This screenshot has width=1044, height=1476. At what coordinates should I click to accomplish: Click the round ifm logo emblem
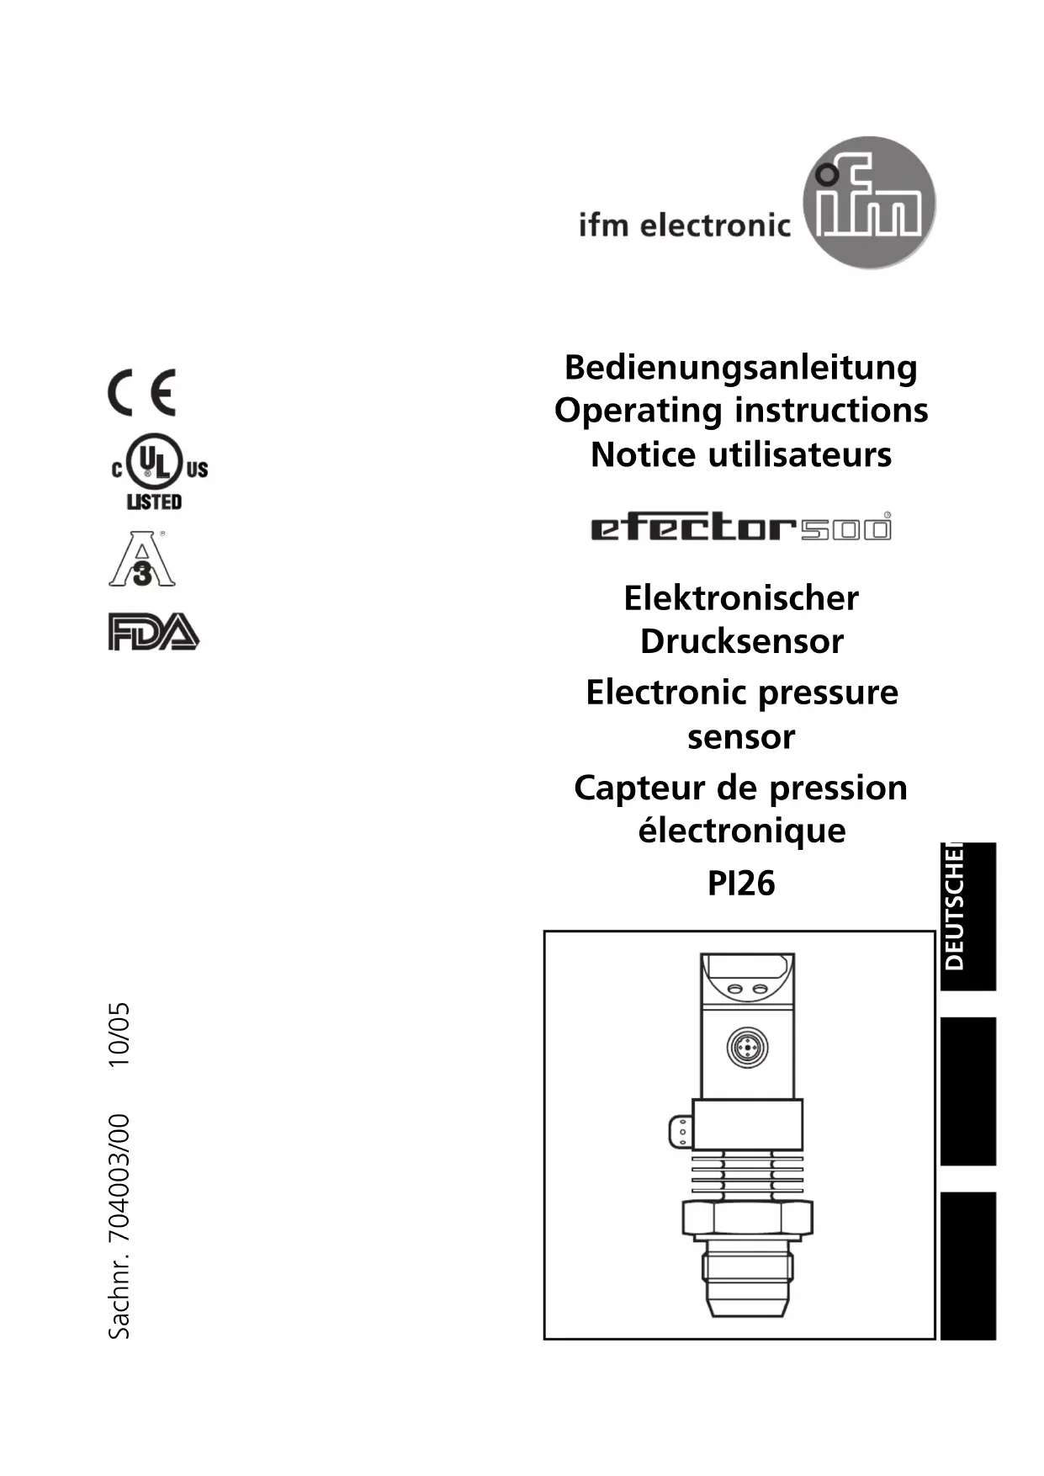coord(869,202)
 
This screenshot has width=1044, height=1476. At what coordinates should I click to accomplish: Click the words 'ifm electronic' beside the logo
coord(684,226)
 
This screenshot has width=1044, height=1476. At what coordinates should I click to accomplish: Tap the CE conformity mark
coord(142,392)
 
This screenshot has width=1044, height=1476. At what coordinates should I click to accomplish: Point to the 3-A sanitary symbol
coord(141,560)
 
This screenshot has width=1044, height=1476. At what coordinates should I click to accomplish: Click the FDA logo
coord(153,632)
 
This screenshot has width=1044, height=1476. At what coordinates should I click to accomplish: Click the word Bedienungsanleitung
coord(740,368)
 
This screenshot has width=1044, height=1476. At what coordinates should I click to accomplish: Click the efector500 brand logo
coord(740,528)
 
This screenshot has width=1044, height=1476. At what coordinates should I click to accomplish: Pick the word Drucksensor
coord(741,642)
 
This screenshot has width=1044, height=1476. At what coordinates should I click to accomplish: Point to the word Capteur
coord(639,788)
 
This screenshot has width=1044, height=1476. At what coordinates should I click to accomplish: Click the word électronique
coord(741,831)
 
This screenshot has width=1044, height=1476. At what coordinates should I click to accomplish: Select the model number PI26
coord(740,884)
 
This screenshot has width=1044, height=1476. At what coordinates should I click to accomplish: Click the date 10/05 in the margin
coord(119,1034)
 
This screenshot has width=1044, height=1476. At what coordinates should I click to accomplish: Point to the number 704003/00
coord(119,1178)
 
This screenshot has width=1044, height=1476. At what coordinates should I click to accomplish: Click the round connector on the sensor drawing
coord(746,1048)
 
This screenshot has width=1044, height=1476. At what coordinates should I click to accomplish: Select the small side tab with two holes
coord(681,1131)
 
